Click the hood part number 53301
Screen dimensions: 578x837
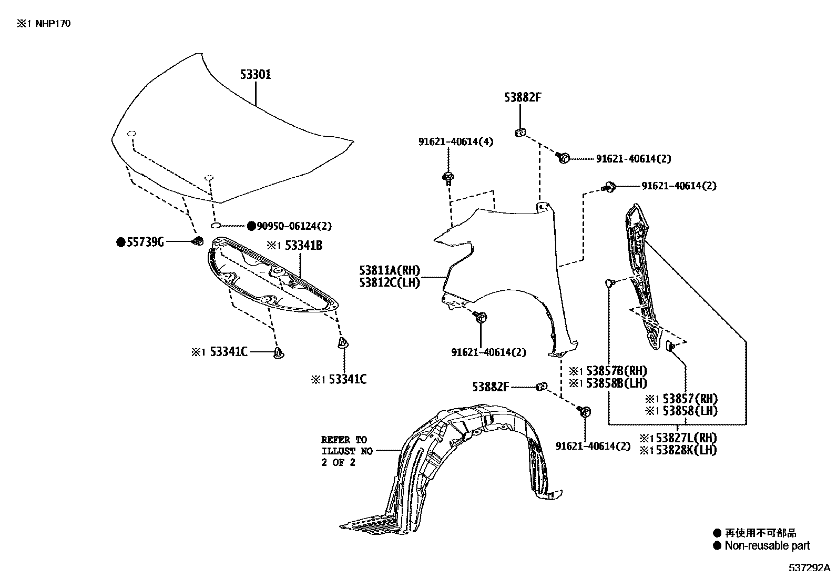[x=256, y=74]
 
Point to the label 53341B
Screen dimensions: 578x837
[x=303, y=245]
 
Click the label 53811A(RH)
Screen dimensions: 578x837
[x=390, y=270]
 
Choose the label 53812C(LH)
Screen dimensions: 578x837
[x=390, y=282]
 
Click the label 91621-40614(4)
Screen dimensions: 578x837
[x=456, y=141]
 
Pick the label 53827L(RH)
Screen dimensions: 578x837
[x=683, y=438]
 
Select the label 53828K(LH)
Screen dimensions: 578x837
[x=683, y=450]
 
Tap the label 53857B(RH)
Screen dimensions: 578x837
[x=613, y=371]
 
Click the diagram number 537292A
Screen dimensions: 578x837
[x=808, y=568]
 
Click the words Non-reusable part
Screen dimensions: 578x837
[x=767, y=546]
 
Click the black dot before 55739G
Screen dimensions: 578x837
[x=121, y=242]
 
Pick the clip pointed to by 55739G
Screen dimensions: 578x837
[x=198, y=241]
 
